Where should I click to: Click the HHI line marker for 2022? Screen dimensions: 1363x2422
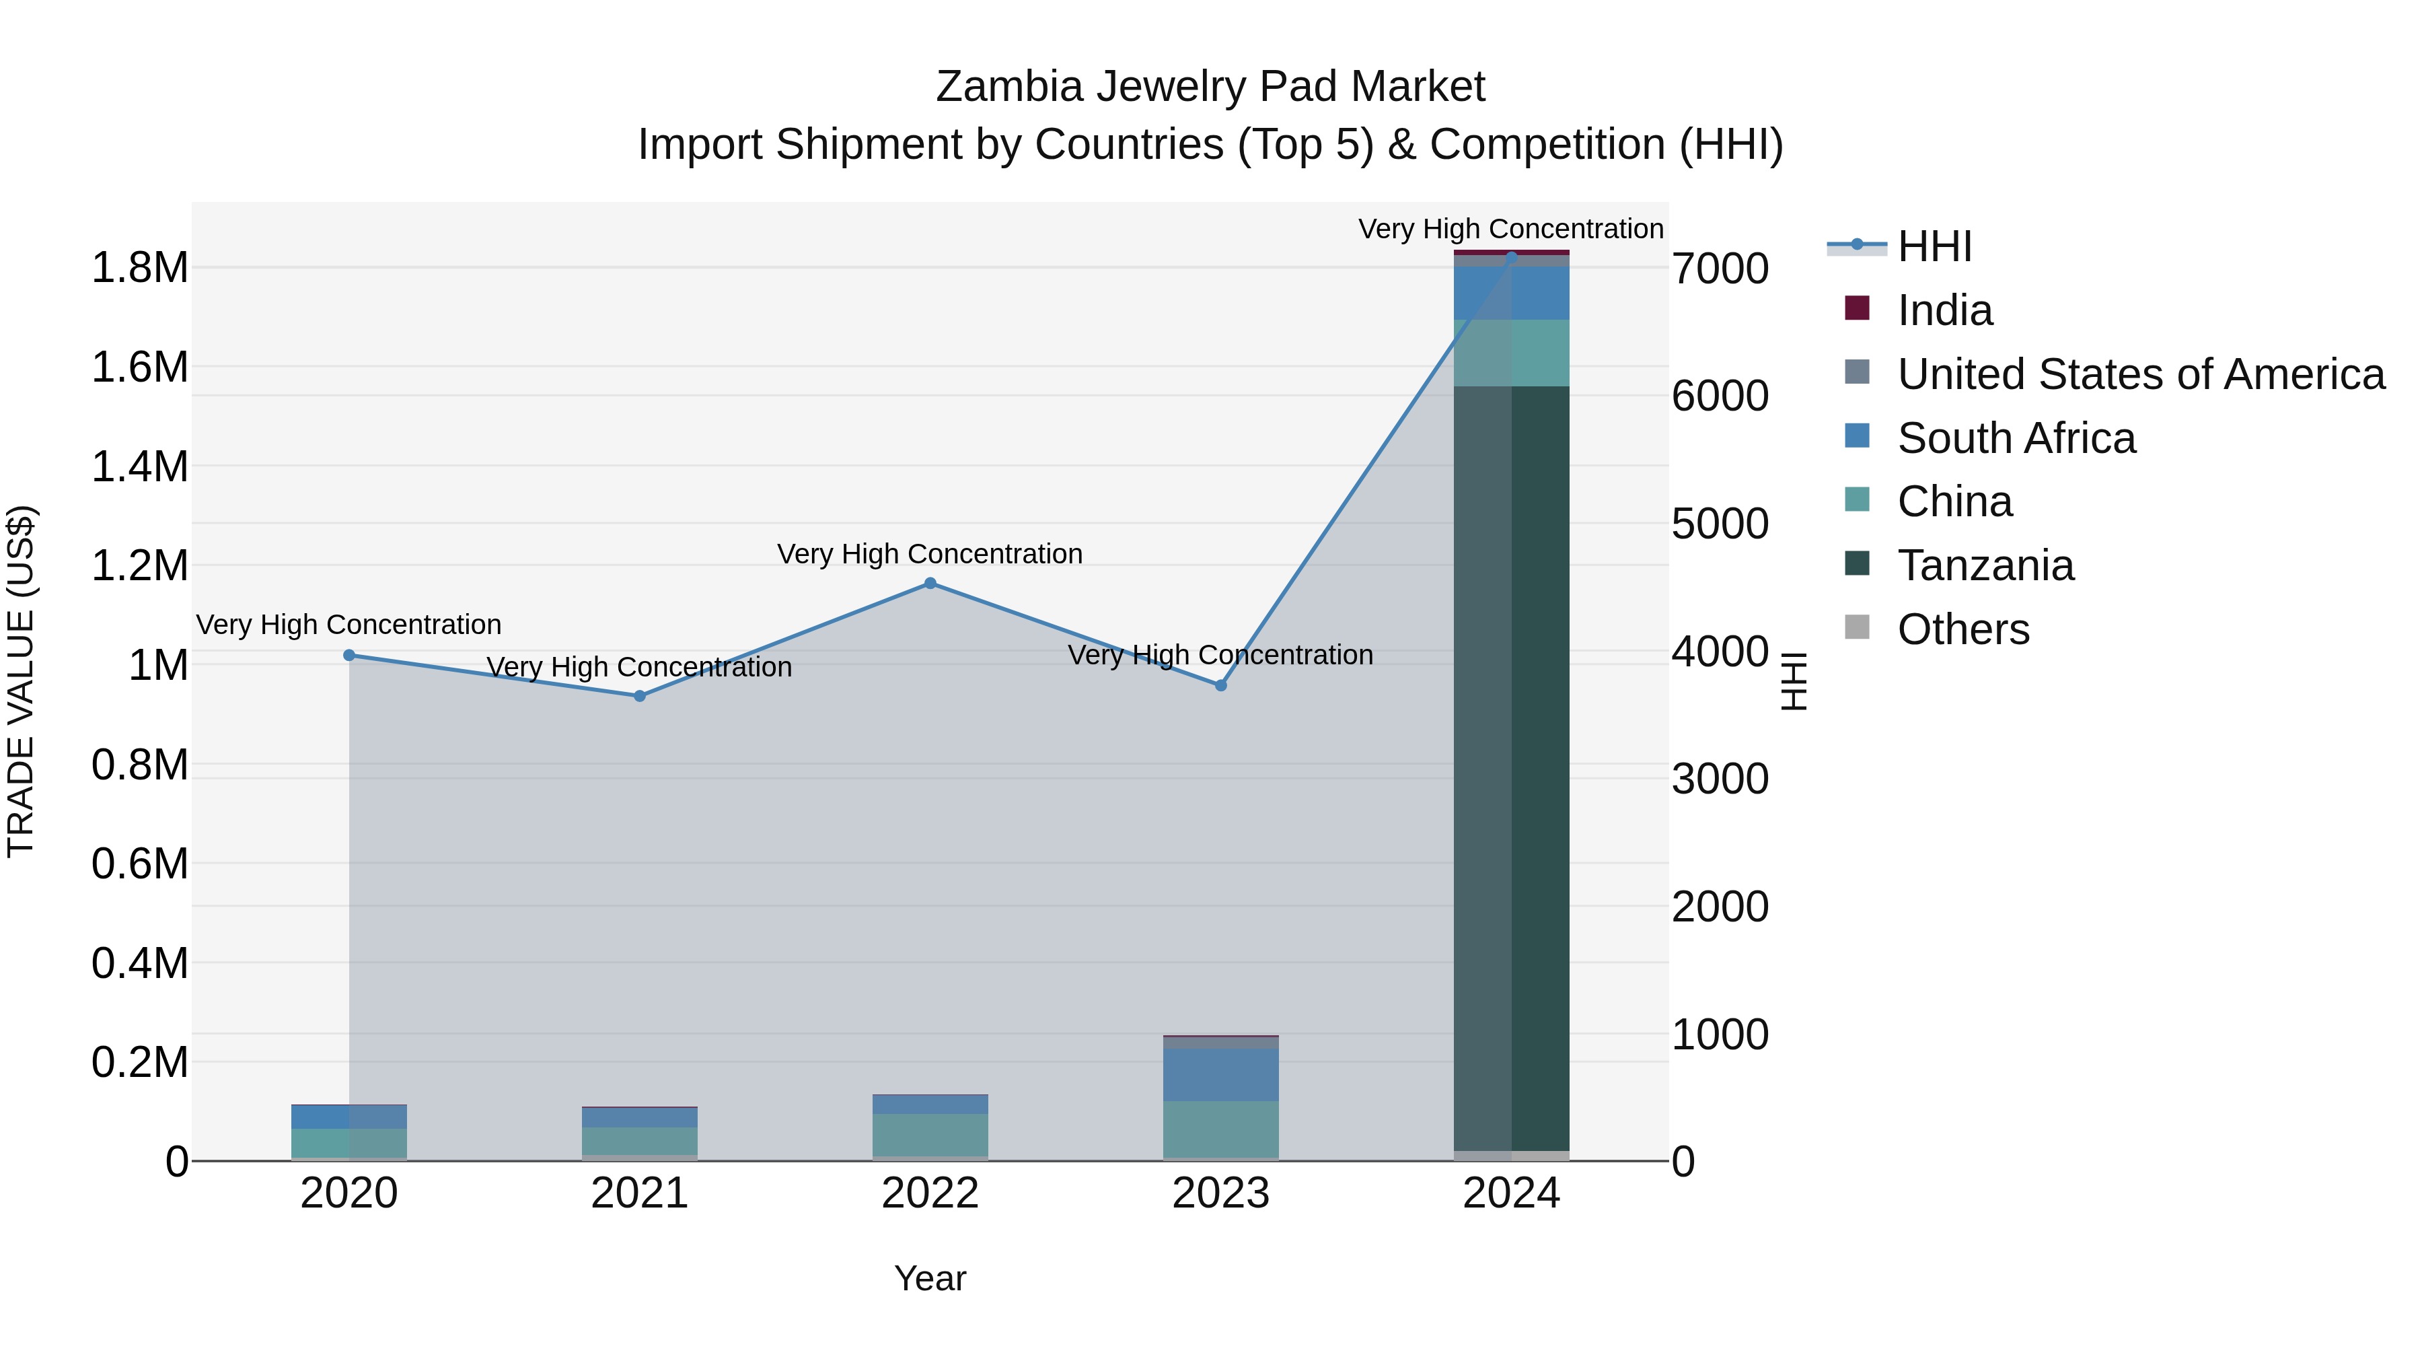(x=930, y=583)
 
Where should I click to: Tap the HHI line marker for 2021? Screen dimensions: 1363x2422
(x=639, y=696)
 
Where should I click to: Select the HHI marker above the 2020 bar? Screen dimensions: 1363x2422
(x=348, y=655)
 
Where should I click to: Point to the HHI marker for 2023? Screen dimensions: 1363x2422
(x=1220, y=686)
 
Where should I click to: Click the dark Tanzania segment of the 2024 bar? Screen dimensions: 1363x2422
(x=1511, y=767)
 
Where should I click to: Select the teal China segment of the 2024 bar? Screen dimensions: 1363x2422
(x=1511, y=353)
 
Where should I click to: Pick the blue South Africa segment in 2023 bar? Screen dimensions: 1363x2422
(x=1220, y=1074)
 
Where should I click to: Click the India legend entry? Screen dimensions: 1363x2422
(x=1944, y=310)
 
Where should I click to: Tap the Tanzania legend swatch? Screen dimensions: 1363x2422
(x=1857, y=563)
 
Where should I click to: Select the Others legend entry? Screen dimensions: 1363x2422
(x=1962, y=629)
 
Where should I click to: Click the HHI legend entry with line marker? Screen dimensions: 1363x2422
(x=1934, y=246)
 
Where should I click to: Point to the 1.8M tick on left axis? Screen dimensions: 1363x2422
(x=139, y=268)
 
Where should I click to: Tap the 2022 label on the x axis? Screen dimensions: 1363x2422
(x=930, y=1193)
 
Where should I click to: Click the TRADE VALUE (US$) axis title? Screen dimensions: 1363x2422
(x=21, y=681)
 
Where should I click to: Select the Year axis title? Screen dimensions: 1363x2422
(x=930, y=1278)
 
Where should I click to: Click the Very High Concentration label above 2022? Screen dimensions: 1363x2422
(x=930, y=554)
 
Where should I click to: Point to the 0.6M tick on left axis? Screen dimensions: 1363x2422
(x=139, y=864)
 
